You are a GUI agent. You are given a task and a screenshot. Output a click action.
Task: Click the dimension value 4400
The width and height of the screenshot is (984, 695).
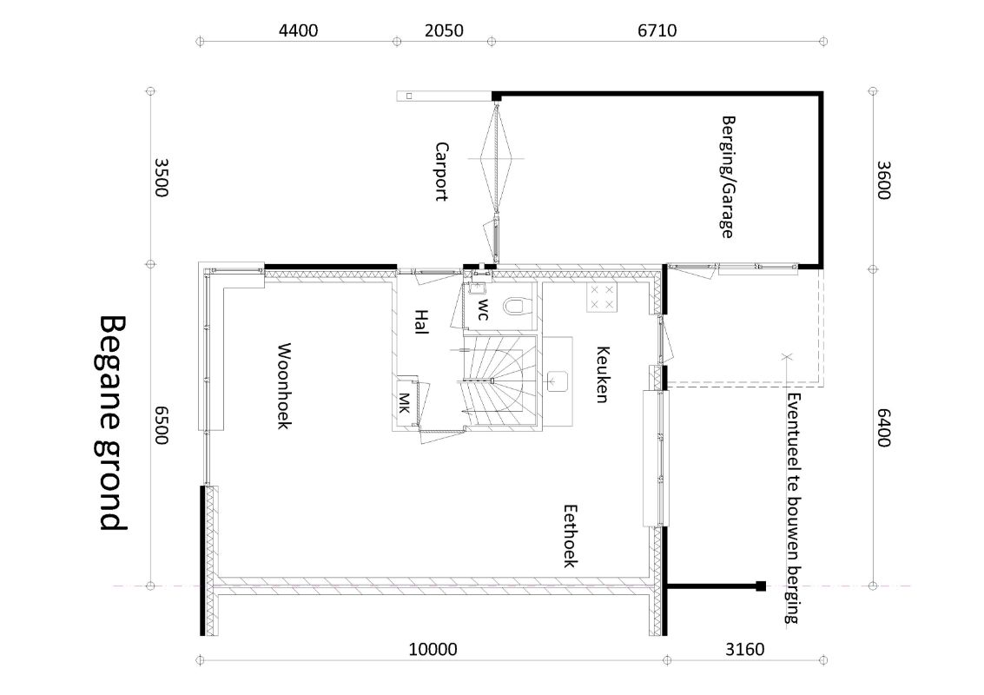point(298,30)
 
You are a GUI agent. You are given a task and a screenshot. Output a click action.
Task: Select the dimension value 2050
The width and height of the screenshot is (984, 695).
point(444,30)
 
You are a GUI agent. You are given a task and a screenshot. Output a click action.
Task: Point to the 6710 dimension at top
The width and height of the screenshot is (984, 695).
point(657,30)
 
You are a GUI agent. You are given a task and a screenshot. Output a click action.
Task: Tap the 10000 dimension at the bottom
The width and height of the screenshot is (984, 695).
point(433,649)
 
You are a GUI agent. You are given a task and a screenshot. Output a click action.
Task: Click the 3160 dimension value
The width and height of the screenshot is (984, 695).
point(745,649)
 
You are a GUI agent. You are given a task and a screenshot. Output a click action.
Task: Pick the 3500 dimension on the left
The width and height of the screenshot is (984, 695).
point(162,177)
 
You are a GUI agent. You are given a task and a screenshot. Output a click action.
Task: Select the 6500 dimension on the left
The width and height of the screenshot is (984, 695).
point(162,425)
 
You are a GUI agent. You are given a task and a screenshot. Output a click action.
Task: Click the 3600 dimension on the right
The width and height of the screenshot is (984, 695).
point(883,180)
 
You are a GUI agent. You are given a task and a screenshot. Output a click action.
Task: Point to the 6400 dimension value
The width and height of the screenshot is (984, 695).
point(883,427)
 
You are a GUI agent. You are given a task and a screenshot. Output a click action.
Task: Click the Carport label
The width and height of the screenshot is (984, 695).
point(442,171)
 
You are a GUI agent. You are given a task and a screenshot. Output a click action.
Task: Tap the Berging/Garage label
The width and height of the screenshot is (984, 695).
point(727,177)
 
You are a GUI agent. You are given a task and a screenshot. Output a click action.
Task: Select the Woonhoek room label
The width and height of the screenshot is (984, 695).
point(284,386)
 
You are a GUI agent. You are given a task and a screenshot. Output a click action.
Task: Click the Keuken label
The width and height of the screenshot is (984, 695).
point(603,374)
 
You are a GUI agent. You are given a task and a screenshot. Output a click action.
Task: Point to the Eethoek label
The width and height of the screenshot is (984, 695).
point(570,535)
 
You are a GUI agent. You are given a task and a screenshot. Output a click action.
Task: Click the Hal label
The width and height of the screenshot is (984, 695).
point(421,321)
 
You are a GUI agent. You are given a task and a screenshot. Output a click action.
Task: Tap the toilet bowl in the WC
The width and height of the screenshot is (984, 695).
point(514,306)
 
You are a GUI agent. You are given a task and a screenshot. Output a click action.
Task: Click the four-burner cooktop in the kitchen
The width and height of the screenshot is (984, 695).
point(602,297)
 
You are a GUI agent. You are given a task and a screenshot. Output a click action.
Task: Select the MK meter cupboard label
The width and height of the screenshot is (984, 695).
point(405,402)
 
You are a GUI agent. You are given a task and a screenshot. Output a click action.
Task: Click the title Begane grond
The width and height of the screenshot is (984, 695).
point(114,423)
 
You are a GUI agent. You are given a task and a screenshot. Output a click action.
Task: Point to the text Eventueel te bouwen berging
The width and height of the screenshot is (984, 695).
point(793,508)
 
